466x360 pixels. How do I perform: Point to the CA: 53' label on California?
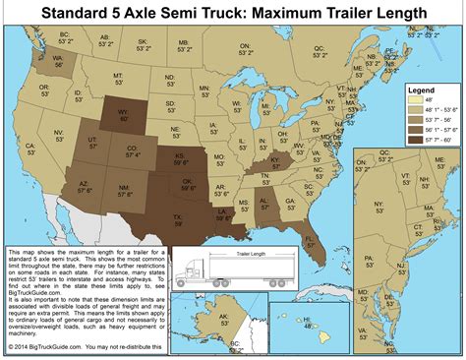pos(31,150)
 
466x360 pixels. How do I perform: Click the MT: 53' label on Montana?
pos(118,78)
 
